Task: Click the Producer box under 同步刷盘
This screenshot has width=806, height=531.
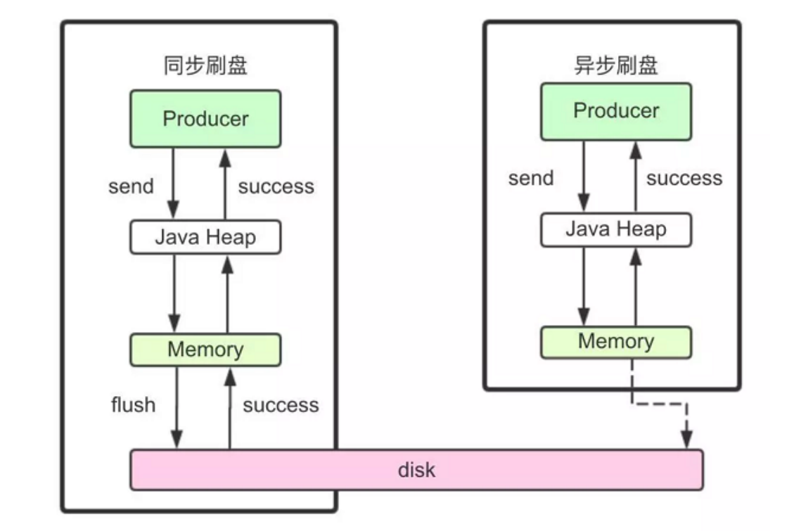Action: pos(205,118)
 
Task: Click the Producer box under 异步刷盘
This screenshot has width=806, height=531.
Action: pos(616,111)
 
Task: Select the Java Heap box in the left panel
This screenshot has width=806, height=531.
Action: pos(205,237)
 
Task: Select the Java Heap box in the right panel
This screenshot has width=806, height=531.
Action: pos(616,229)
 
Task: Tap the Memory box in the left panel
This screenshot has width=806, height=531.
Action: pos(205,350)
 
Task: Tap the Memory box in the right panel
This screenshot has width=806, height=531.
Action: pos(616,342)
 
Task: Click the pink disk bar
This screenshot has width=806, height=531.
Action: pos(416,469)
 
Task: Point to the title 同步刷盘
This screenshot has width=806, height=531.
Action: pos(205,66)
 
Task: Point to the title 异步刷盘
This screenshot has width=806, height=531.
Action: pos(616,65)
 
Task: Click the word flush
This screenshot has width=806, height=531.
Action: pos(133,405)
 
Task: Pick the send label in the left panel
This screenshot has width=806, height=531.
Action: pos(131,186)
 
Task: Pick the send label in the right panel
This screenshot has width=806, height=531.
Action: pos(531,179)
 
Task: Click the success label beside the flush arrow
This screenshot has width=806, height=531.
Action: pos(281,406)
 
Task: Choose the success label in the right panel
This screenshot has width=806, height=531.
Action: pos(684,179)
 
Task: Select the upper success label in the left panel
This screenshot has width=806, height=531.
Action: pos(276,186)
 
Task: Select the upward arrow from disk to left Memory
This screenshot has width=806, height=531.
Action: pos(229,408)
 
